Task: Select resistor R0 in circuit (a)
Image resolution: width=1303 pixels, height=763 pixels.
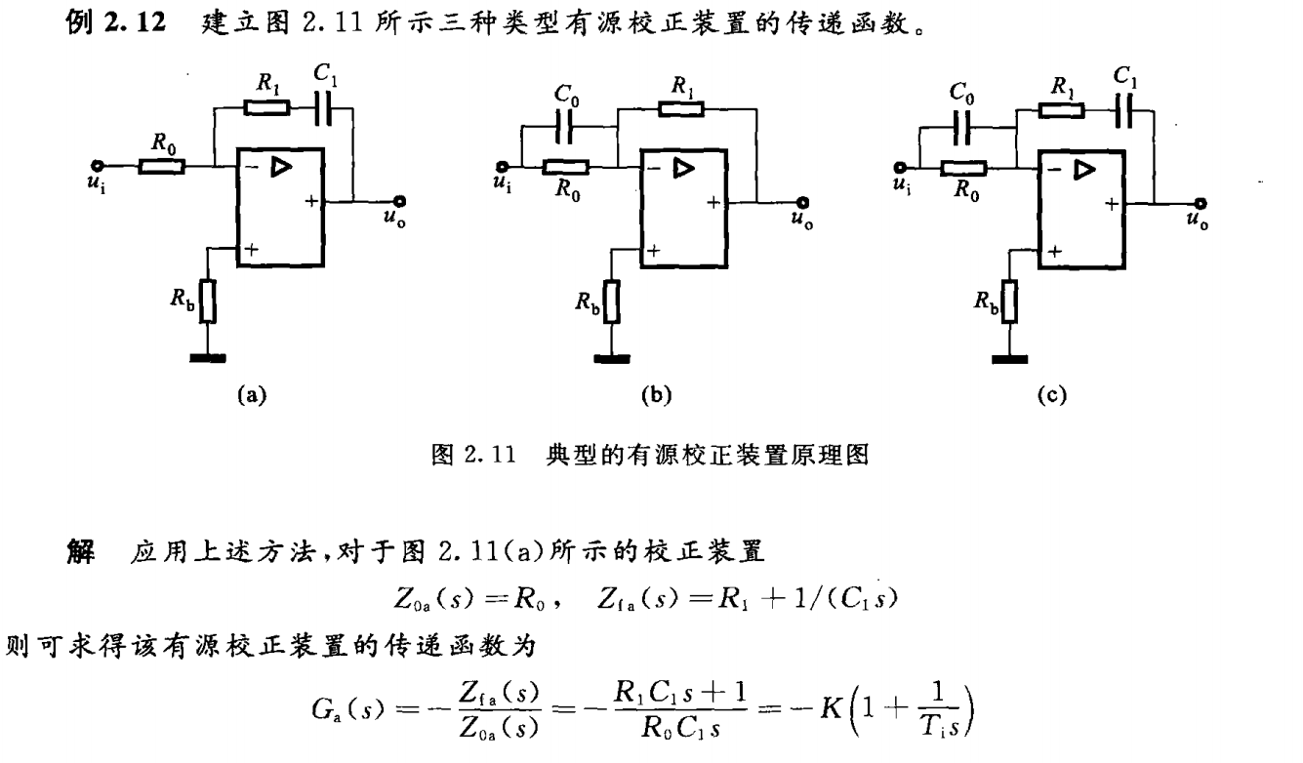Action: (x=161, y=167)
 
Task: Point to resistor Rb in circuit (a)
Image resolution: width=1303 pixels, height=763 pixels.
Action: (x=207, y=302)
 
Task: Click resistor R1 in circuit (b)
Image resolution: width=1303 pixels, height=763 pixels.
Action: (x=682, y=107)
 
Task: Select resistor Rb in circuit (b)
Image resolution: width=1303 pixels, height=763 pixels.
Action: (x=611, y=302)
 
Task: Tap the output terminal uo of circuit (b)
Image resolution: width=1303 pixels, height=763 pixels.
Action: (x=805, y=203)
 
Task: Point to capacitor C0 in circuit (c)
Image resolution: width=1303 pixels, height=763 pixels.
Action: (x=963, y=127)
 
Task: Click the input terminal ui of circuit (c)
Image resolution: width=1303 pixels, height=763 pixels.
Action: (x=900, y=167)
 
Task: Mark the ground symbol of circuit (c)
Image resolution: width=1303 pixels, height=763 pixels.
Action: (x=1009, y=359)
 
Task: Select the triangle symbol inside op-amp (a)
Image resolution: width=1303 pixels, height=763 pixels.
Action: (x=281, y=169)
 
